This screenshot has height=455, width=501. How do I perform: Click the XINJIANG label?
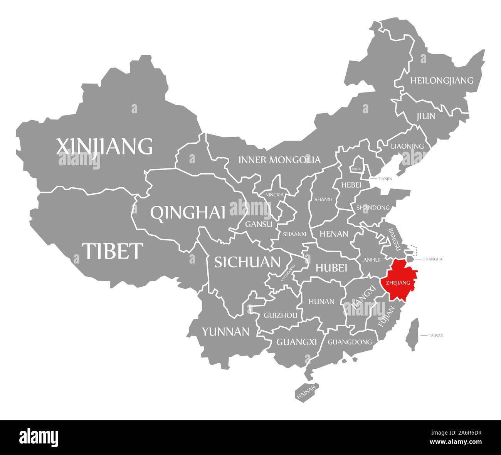coord(104,146)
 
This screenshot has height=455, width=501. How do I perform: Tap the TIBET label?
coord(112,251)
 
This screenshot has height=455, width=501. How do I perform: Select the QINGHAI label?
coord(188,212)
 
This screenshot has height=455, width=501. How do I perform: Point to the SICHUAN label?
coord(247,262)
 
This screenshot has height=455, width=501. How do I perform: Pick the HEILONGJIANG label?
coord(441,81)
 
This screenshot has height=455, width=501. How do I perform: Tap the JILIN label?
coord(425,116)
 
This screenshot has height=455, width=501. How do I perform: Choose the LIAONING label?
coord(407,146)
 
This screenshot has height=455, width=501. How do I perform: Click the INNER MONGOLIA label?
coord(279,160)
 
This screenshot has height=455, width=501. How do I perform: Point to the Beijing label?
coord(356,169)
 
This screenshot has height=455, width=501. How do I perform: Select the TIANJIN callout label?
coord(385,179)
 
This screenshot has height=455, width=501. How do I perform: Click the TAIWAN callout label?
coord(436,336)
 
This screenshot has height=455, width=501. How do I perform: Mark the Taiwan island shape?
coord(413,335)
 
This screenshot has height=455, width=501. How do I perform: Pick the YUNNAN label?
coord(226,331)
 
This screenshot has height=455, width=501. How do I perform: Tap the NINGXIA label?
coord(274,195)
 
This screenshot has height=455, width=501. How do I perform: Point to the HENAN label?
coord(334,234)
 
